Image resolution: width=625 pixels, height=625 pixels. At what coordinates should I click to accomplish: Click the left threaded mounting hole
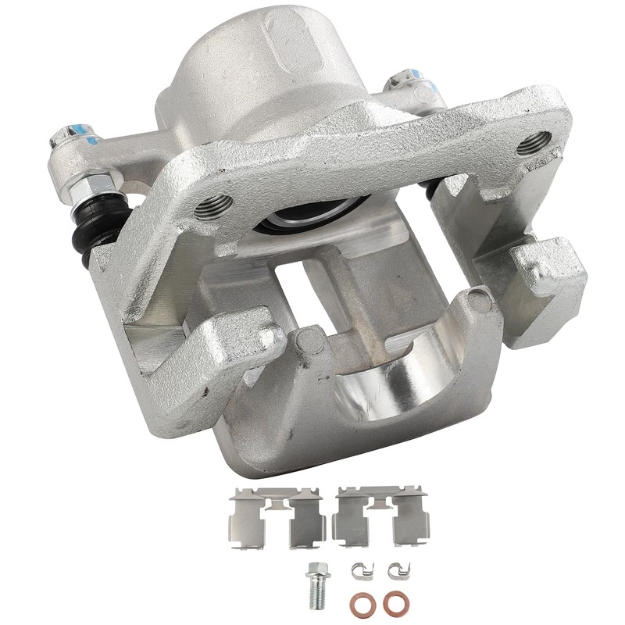(212, 207)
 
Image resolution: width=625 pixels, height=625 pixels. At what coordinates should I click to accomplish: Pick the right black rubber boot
(430, 187)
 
